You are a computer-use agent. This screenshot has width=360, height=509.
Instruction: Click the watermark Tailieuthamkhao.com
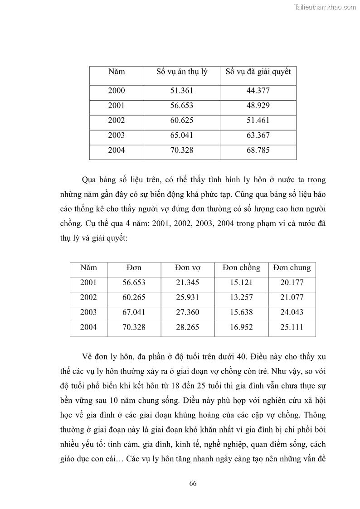point(325,7)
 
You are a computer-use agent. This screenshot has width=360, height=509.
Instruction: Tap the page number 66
point(193,484)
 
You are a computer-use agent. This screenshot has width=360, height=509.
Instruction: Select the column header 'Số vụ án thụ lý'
point(181,72)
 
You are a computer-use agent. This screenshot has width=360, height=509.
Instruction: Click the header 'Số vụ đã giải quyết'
point(258,72)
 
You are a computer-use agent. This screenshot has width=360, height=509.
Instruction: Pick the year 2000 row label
point(116,91)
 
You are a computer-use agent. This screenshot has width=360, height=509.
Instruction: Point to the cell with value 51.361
point(181,91)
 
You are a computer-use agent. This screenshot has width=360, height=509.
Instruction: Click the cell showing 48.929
point(258,106)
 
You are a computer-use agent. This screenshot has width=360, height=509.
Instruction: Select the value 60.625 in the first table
point(181,121)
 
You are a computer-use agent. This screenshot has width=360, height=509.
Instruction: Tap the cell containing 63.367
point(258,135)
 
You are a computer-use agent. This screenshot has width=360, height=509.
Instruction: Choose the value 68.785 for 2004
point(258,150)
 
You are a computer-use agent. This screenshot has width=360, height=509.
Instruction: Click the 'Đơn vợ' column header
point(187,267)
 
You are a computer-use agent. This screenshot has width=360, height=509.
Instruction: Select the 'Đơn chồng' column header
point(241,267)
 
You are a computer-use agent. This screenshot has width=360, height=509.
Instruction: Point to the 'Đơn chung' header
point(292,267)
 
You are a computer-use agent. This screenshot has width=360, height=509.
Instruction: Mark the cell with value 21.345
point(187,282)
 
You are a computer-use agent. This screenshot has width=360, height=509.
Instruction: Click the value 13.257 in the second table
point(241,297)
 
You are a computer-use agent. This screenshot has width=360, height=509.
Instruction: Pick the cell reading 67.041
point(134,312)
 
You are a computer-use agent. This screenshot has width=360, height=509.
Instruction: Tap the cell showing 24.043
point(292,312)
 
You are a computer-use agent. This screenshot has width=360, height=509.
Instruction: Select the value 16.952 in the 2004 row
point(241,327)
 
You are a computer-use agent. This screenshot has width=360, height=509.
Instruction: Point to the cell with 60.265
point(134,297)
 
